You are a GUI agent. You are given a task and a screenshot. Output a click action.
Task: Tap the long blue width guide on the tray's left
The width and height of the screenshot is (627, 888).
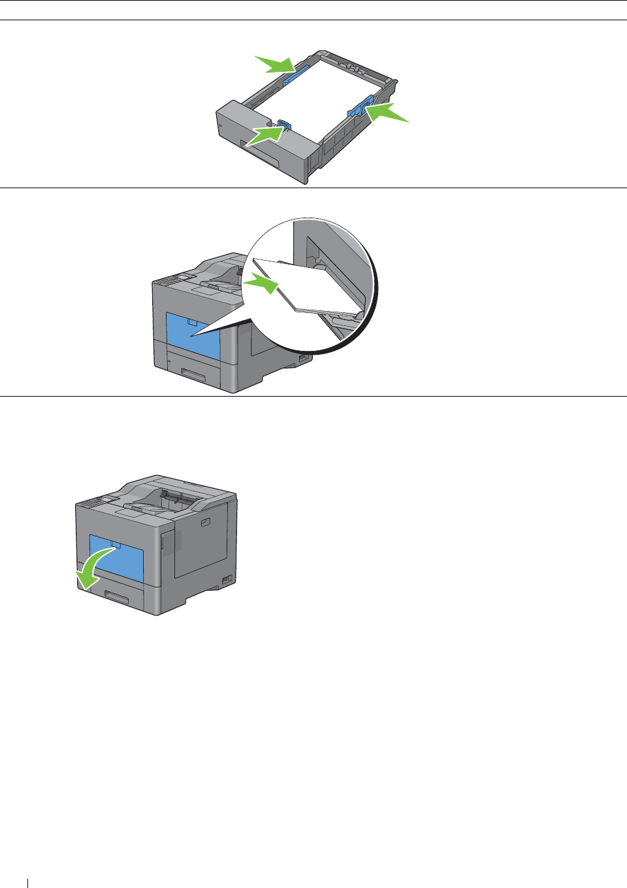click(297, 75)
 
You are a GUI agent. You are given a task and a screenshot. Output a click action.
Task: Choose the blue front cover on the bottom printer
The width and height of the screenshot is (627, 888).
click(116, 559)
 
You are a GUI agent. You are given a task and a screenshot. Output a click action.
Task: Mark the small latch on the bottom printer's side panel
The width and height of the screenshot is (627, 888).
click(205, 522)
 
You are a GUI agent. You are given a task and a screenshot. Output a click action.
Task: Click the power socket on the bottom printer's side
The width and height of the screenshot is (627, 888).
click(227, 579)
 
